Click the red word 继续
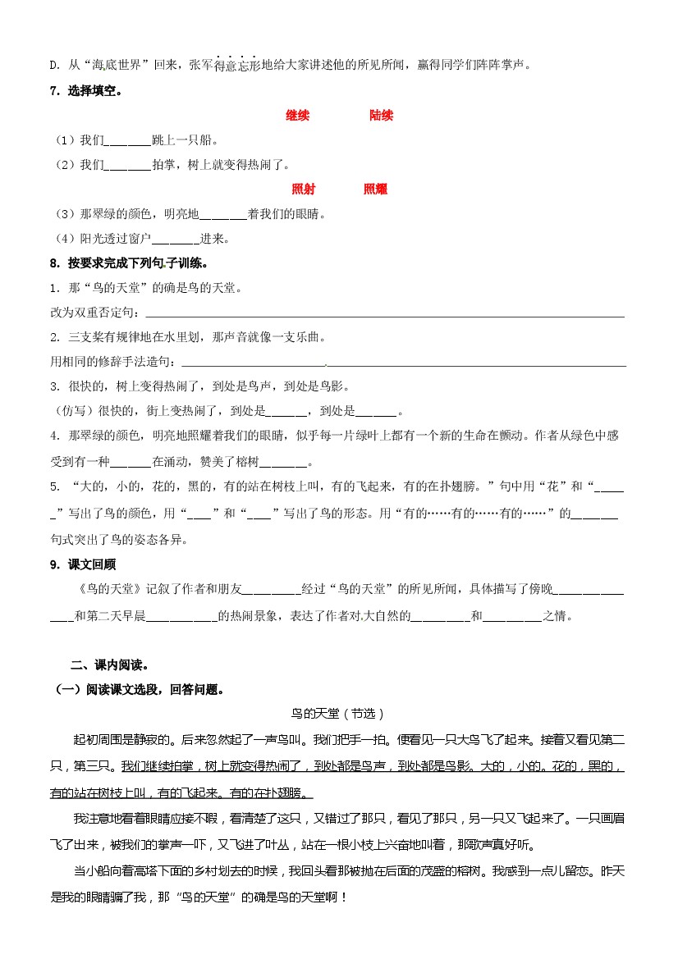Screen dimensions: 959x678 coord(297,116)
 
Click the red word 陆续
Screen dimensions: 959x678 coord(381,116)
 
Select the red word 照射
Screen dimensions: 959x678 coord(303,190)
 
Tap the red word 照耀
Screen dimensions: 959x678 coord(375,190)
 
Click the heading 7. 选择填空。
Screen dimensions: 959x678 coord(85,91)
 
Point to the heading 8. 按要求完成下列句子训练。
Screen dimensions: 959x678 coord(128,263)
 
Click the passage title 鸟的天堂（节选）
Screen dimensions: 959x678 coord(338,714)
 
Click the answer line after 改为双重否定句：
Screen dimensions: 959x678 coord(384,313)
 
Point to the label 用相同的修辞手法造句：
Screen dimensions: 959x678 coord(114,362)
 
